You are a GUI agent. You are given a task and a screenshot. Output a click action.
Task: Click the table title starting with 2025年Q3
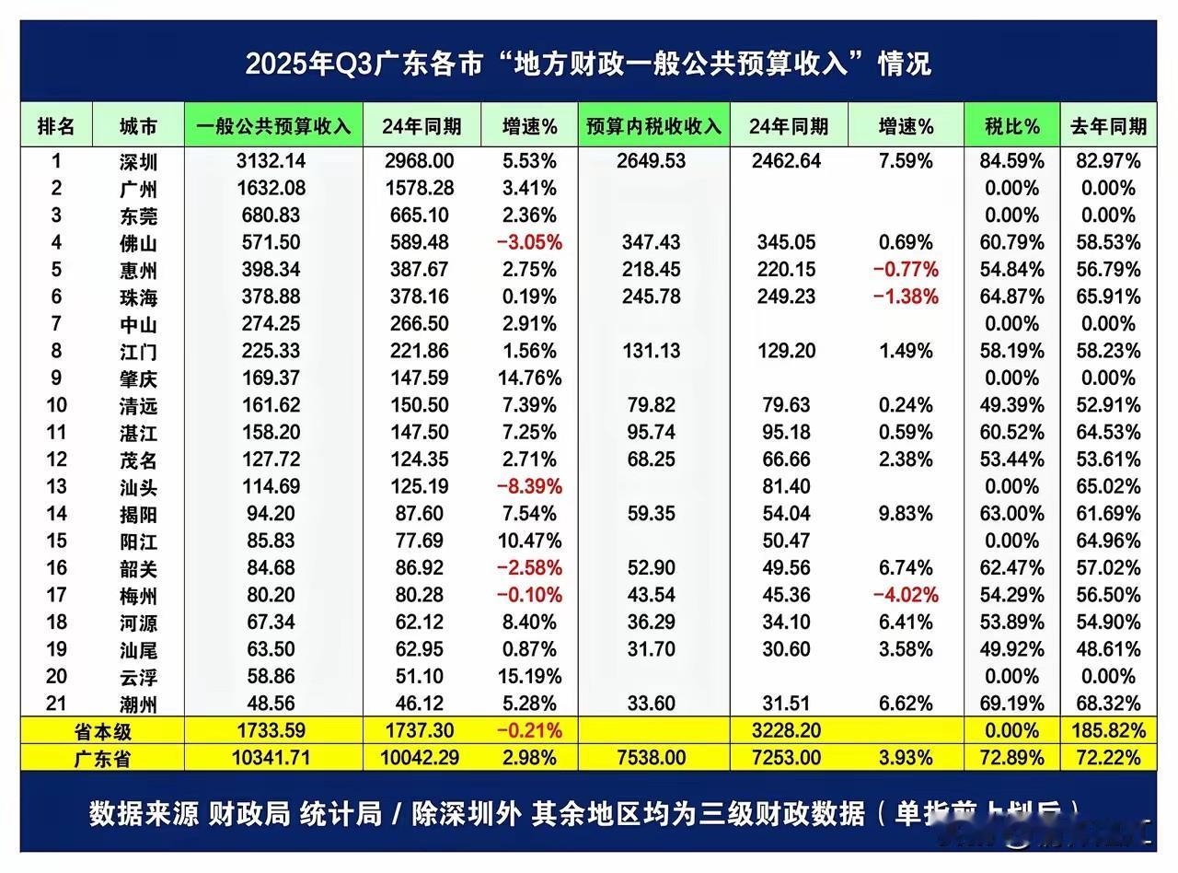(x=588, y=64)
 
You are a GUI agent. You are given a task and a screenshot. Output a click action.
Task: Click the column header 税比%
(x=1007, y=126)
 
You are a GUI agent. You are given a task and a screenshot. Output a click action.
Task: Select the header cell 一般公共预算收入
(x=274, y=126)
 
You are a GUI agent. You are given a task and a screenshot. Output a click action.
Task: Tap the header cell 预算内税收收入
(x=653, y=126)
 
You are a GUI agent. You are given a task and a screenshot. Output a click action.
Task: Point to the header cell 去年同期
(x=1108, y=126)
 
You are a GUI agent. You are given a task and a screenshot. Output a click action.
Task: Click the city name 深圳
(x=138, y=162)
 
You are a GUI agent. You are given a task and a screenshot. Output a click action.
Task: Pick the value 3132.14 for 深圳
(x=273, y=162)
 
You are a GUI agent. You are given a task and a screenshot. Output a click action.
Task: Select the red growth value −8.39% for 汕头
(x=527, y=487)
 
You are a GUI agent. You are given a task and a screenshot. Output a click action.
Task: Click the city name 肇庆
(x=138, y=378)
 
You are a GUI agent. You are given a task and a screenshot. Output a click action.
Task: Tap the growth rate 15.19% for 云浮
(x=527, y=677)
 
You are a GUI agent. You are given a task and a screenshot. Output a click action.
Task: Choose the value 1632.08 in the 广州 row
(x=273, y=189)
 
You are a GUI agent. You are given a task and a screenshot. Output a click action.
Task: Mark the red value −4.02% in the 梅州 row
(x=905, y=596)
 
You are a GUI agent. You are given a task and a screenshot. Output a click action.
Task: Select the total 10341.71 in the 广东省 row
(x=273, y=758)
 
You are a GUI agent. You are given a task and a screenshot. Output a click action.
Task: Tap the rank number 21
(x=56, y=704)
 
